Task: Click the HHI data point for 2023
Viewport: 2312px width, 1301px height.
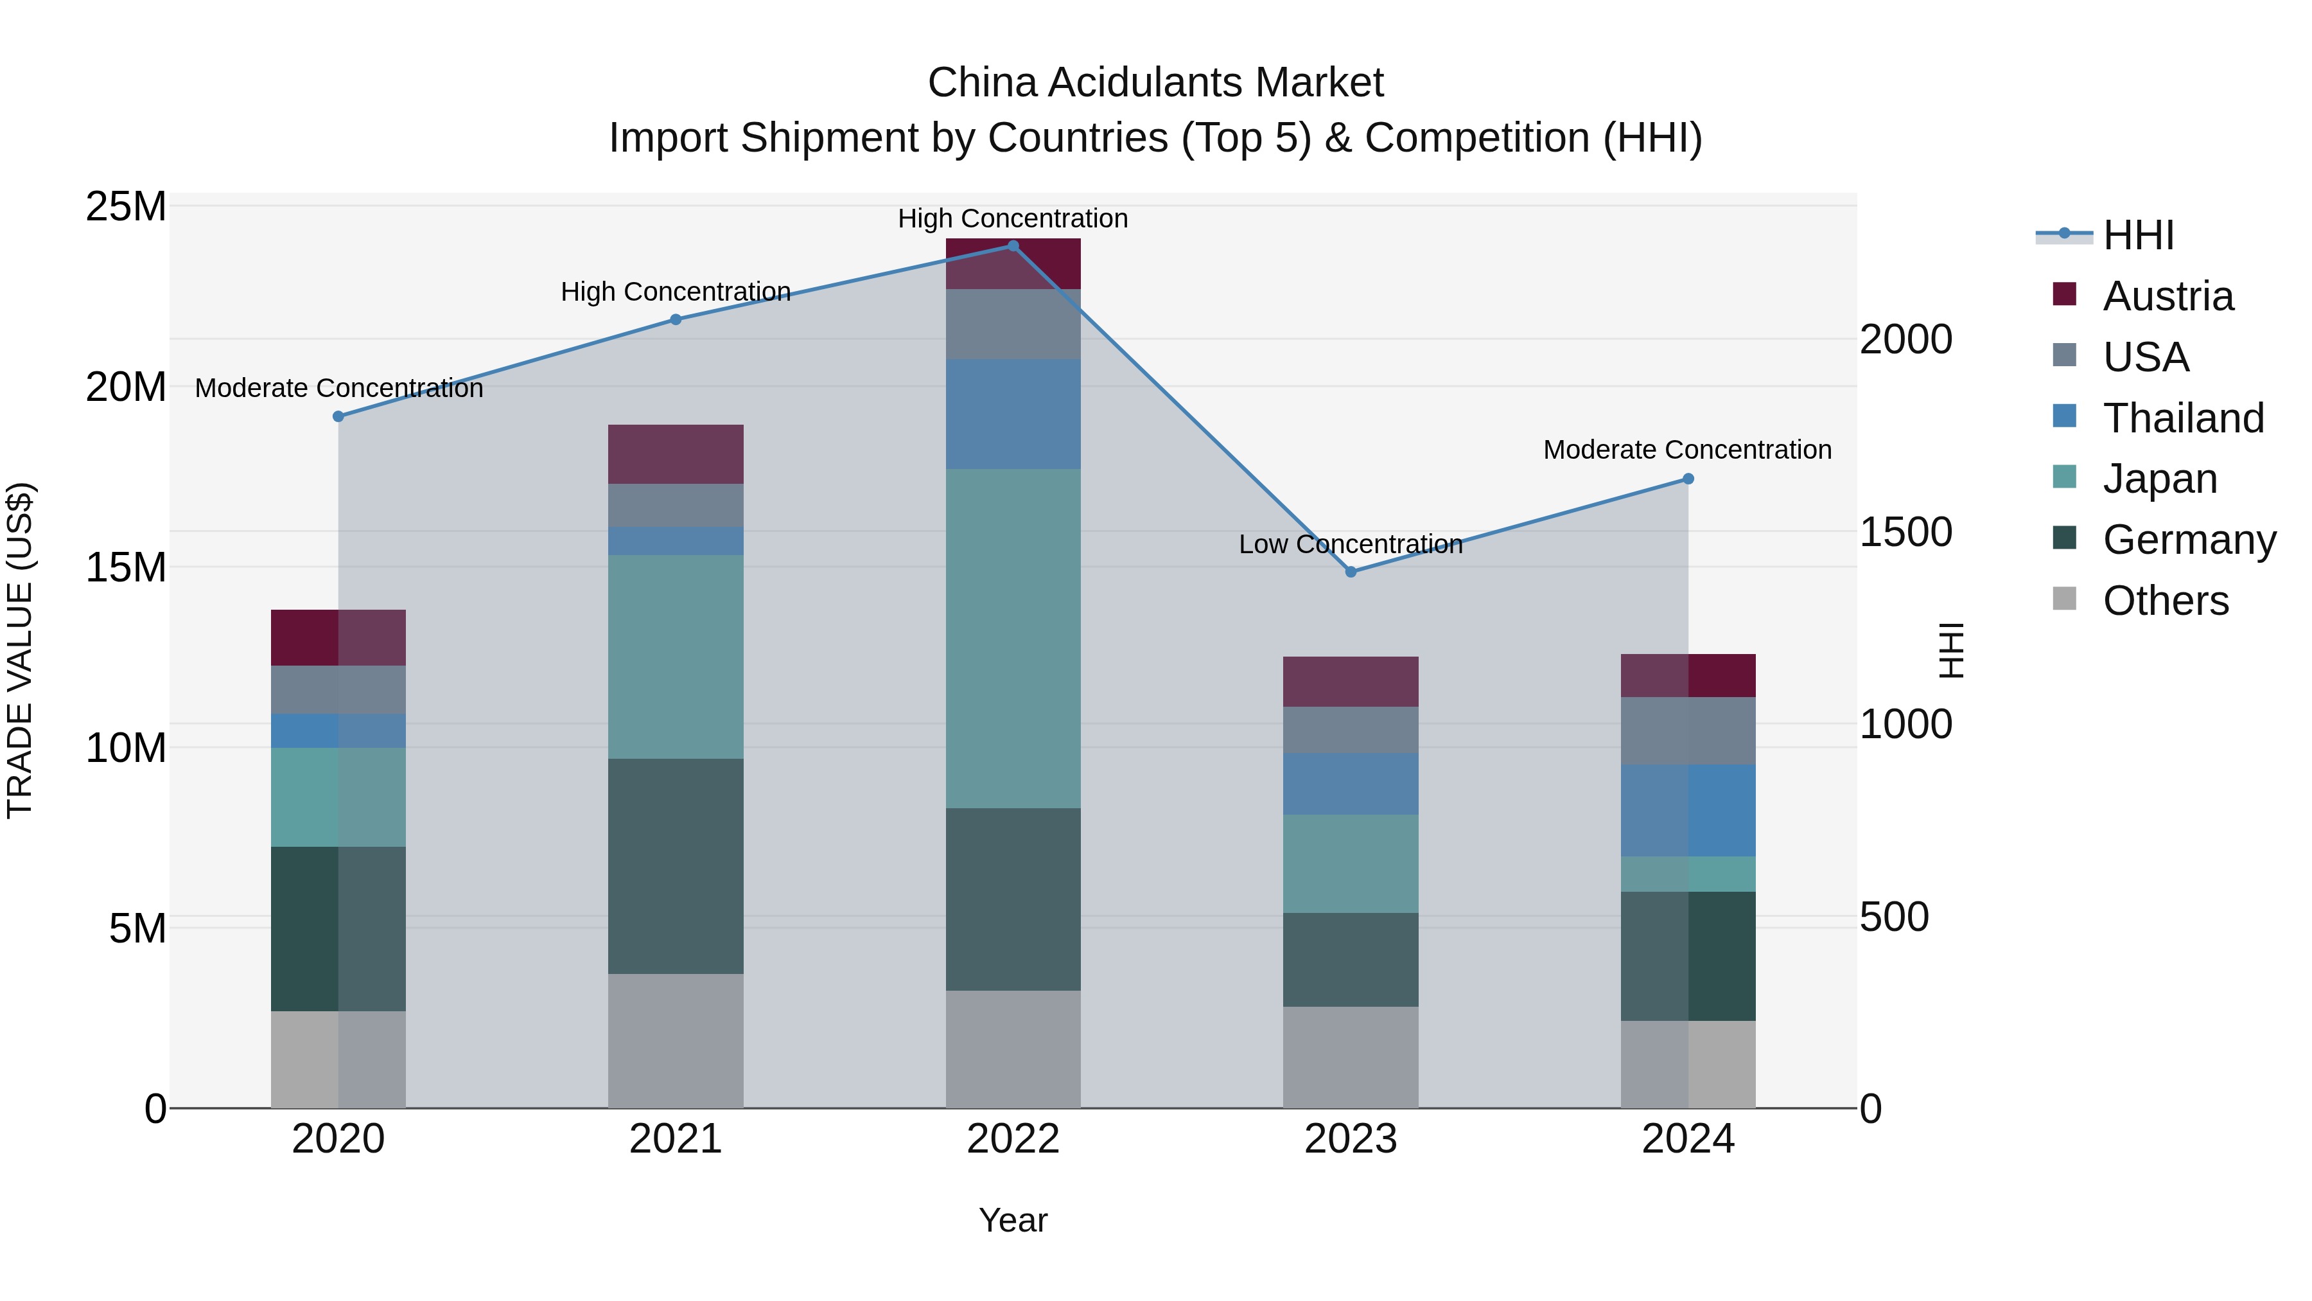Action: click(x=1351, y=572)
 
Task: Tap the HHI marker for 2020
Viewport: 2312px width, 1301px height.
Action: click(x=338, y=416)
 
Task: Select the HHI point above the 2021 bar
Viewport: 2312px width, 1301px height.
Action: click(x=676, y=320)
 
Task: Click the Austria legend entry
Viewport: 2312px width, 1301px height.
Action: click(x=2167, y=296)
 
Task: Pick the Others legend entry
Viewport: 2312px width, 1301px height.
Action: click(x=2165, y=601)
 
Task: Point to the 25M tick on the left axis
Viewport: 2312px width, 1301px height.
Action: click(x=126, y=206)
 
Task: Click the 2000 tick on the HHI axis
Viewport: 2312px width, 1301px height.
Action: click(x=1905, y=339)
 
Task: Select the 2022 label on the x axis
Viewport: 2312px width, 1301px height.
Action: click(x=1013, y=1139)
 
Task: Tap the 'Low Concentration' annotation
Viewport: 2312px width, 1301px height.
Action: click(x=1350, y=544)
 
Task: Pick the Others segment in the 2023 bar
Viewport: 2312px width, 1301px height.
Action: click(x=1351, y=1057)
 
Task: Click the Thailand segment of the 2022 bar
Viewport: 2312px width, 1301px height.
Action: click(x=1013, y=414)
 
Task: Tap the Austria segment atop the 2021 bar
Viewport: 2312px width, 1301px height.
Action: click(x=676, y=454)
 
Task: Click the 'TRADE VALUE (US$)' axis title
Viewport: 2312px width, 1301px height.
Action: click(x=20, y=650)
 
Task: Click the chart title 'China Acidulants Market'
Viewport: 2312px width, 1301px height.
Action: click(x=1155, y=83)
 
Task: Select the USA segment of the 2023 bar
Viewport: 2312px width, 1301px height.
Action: click(x=1351, y=730)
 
